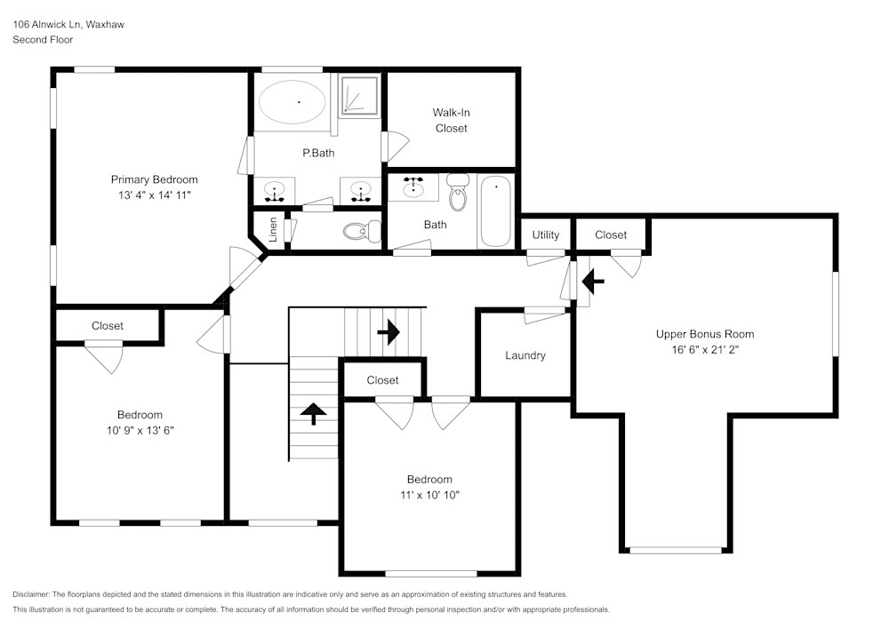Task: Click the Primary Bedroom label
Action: (154, 179)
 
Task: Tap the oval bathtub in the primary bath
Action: (292, 101)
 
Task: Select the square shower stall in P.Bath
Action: (360, 94)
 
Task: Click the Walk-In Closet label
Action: (451, 120)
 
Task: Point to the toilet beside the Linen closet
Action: (357, 232)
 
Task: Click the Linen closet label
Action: (274, 229)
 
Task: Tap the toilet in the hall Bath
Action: (458, 192)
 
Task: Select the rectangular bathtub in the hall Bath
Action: (496, 211)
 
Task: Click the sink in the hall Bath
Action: (413, 187)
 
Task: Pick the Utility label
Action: (545, 235)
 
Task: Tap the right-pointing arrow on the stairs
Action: (388, 333)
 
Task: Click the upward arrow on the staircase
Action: (313, 414)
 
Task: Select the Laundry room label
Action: (525, 355)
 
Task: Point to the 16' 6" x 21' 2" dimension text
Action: (705, 350)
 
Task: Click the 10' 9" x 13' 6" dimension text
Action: (140, 431)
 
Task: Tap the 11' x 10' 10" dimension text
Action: (429, 495)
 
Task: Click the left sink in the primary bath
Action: (276, 188)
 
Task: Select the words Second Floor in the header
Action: (43, 40)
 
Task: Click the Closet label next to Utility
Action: (611, 235)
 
